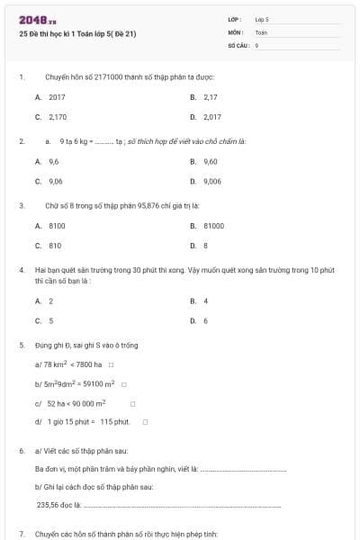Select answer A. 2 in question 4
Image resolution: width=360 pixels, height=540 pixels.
(44, 301)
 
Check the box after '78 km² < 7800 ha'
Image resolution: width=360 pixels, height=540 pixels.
(111, 364)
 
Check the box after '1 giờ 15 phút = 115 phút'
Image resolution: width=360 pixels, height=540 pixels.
(144, 421)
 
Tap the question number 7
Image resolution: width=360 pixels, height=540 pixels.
(21, 534)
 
